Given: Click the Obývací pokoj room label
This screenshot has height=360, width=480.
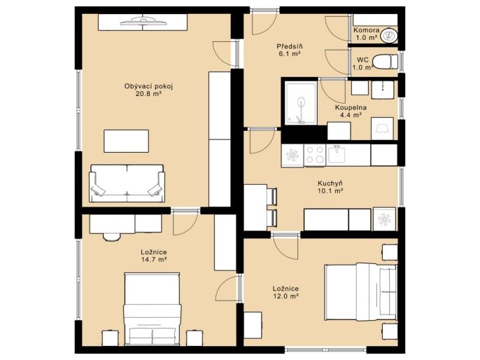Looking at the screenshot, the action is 148,86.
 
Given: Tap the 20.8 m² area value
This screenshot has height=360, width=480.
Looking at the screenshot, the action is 148,94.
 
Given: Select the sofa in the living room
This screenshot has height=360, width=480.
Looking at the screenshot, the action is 127,184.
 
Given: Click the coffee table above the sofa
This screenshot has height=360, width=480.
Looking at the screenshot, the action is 126,141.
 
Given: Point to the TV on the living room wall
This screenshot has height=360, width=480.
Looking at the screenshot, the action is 143,21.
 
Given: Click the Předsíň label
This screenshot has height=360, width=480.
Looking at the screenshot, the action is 290,46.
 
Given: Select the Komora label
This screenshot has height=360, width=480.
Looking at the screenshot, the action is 367,30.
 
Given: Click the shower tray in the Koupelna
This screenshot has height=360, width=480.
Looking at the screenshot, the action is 301,104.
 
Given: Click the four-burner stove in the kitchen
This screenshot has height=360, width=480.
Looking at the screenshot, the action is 315,155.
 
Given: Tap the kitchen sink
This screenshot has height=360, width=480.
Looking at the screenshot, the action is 337,155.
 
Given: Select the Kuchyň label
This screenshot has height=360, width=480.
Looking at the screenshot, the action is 330,184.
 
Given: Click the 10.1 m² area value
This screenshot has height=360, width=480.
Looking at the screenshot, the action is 330,191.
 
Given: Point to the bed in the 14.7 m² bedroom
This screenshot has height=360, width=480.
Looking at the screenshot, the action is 152,309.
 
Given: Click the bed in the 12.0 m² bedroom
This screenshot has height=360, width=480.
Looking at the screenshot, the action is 361,291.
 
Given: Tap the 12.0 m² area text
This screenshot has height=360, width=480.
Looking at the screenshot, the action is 285,296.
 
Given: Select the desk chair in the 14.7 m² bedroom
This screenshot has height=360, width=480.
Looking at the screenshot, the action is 112,237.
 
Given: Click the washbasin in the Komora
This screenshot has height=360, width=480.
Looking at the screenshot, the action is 389,36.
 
